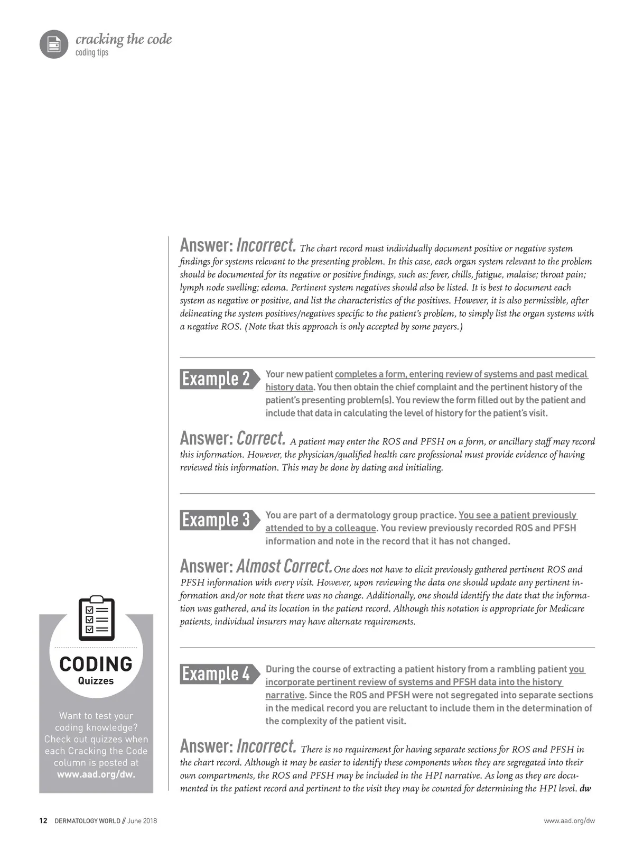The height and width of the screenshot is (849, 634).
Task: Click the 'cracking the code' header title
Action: click(x=124, y=39)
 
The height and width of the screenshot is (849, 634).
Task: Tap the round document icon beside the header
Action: click(x=53, y=44)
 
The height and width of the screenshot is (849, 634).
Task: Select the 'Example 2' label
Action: click(x=216, y=379)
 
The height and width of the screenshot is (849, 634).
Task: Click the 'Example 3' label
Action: click(x=216, y=520)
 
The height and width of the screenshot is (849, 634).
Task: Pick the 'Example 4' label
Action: click(x=216, y=673)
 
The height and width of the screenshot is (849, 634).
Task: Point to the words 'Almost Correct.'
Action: click(x=284, y=566)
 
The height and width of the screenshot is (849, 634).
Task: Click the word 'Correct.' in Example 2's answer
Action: click(x=261, y=438)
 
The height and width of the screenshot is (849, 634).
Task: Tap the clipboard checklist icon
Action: click(x=96, y=618)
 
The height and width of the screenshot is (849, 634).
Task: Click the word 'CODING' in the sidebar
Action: click(x=96, y=664)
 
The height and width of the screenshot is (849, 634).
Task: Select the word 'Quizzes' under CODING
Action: click(x=96, y=681)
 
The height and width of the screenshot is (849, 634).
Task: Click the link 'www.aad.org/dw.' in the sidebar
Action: click(x=96, y=774)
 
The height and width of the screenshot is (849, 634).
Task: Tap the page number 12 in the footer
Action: click(x=43, y=821)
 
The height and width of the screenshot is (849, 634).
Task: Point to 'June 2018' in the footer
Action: click(x=142, y=821)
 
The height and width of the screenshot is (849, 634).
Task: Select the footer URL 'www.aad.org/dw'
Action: click(x=569, y=821)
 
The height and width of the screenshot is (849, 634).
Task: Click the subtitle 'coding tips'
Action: click(x=92, y=52)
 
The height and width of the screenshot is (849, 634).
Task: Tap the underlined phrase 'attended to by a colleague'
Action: click(x=320, y=528)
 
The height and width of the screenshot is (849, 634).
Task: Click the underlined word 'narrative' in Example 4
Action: click(x=285, y=695)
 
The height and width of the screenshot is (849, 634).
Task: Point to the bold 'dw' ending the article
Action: click(x=585, y=789)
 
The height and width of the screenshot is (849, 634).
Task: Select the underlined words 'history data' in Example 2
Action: click(x=289, y=387)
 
